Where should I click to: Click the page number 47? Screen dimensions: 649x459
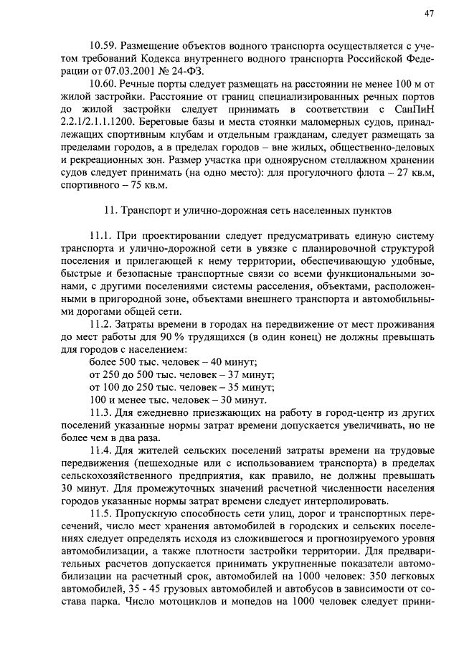pos(429,13)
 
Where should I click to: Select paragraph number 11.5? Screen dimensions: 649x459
pos(102,514)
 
